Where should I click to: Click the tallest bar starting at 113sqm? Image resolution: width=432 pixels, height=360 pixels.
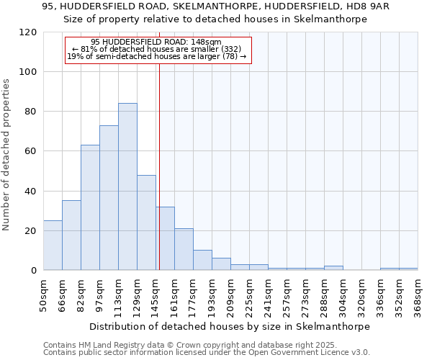click(x=127, y=186)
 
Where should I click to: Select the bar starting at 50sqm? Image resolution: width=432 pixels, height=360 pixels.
click(x=53, y=245)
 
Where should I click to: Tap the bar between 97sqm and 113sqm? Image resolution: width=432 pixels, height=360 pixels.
click(x=109, y=197)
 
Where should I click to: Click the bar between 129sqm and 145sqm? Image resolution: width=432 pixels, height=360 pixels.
click(x=146, y=222)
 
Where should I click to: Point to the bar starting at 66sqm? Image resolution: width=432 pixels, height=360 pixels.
click(x=71, y=235)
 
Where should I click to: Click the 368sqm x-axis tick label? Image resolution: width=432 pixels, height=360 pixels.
click(x=418, y=295)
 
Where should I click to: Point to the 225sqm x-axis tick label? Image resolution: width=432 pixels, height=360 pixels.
click(x=249, y=295)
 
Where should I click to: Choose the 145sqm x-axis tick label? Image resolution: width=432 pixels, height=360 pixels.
click(x=156, y=295)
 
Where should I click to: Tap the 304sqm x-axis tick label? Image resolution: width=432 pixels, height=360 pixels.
click(x=343, y=295)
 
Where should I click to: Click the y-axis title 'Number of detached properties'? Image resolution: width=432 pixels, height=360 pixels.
click(x=6, y=155)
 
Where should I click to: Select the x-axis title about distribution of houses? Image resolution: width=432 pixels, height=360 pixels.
click(x=230, y=326)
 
